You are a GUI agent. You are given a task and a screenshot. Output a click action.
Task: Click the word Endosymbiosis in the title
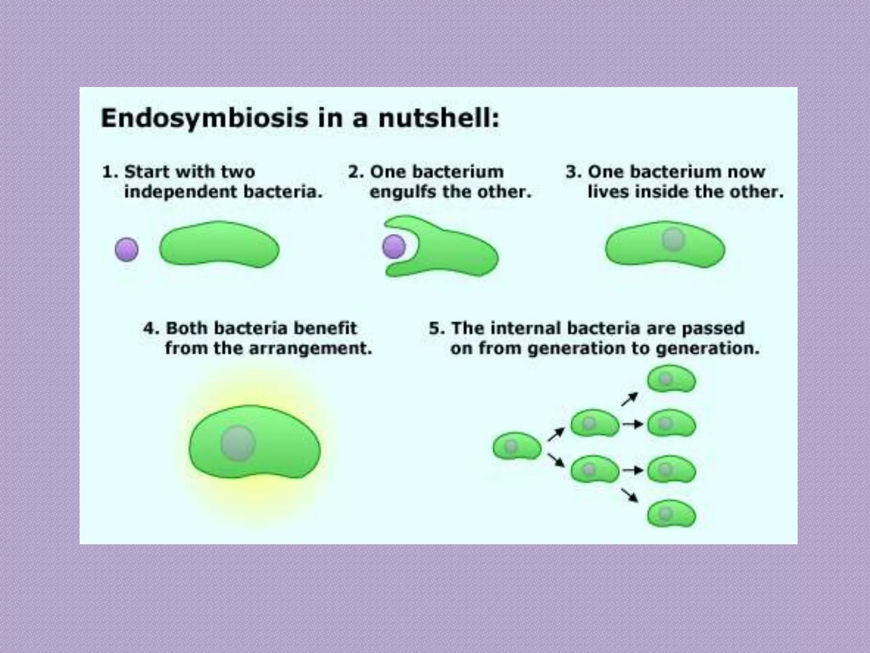204,118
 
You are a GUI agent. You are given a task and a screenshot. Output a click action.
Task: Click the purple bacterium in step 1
127,249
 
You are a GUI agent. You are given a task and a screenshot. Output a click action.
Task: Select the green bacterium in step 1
219,245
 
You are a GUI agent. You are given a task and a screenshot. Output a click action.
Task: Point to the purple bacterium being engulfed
394,247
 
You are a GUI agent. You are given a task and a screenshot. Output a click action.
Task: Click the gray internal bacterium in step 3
673,239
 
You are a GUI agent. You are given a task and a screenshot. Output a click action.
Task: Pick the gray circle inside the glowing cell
238,443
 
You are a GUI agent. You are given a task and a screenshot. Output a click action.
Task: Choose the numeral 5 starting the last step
434,328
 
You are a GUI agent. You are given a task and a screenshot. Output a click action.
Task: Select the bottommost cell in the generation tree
671,514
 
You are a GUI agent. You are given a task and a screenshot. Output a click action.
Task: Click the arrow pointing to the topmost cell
630,399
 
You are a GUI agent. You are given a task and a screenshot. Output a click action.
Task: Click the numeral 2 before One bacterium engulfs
353,172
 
